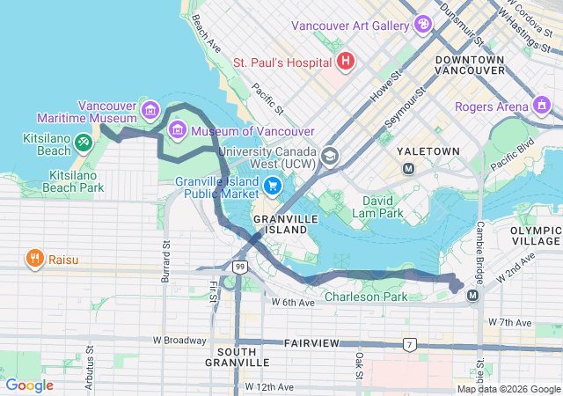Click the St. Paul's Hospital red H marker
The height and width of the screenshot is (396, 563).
pyautogui.click(x=346, y=62)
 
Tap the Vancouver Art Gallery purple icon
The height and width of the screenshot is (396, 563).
pyautogui.click(x=423, y=24)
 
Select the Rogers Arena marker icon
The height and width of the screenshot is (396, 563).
pyautogui.click(x=543, y=107)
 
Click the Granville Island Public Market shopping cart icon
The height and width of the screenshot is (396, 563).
pyautogui.click(x=273, y=186)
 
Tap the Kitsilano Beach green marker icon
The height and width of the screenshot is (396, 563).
pyautogui.click(x=82, y=141)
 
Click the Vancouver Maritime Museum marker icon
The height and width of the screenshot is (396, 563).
pyautogui.click(x=150, y=111)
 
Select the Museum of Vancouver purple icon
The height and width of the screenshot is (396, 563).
pyautogui.click(x=178, y=131)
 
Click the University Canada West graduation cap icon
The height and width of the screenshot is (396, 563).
pyautogui.click(x=330, y=156)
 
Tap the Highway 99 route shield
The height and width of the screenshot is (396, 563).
pyautogui.click(x=239, y=265)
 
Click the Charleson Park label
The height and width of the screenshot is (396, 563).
pyautogui.click(x=366, y=297)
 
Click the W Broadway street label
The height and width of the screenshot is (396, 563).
pyautogui.click(x=180, y=340)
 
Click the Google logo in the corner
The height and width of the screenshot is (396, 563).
pyautogui.click(x=29, y=385)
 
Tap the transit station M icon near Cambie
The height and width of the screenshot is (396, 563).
pyautogui.click(x=473, y=294)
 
